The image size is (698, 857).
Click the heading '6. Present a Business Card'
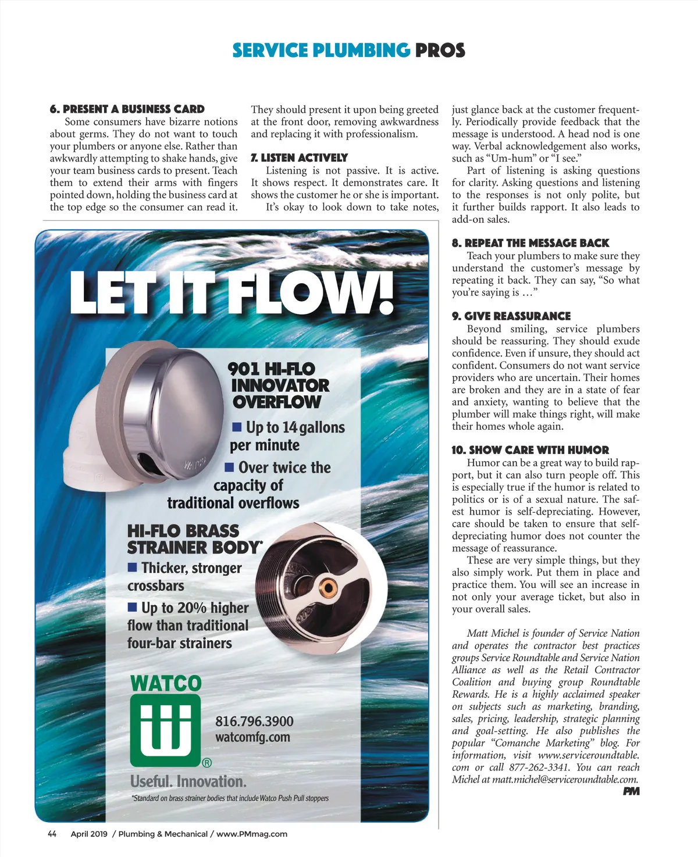(127, 109)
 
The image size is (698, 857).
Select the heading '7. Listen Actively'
(299, 158)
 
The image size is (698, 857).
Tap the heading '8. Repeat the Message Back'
(530, 243)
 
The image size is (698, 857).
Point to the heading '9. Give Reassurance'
(511, 316)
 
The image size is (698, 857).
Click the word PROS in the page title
(440, 51)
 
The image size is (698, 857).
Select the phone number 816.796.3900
(254, 722)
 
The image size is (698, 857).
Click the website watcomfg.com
(252, 737)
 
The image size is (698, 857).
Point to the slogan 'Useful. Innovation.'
(188, 781)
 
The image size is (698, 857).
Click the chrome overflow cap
(174, 407)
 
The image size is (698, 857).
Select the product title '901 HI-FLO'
(271, 369)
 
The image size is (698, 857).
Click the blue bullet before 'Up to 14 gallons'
(237, 427)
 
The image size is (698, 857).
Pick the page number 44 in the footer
(52, 834)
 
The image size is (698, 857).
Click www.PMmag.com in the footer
(252, 834)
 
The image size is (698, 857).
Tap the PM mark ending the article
(631, 791)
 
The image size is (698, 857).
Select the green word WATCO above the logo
(166, 684)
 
